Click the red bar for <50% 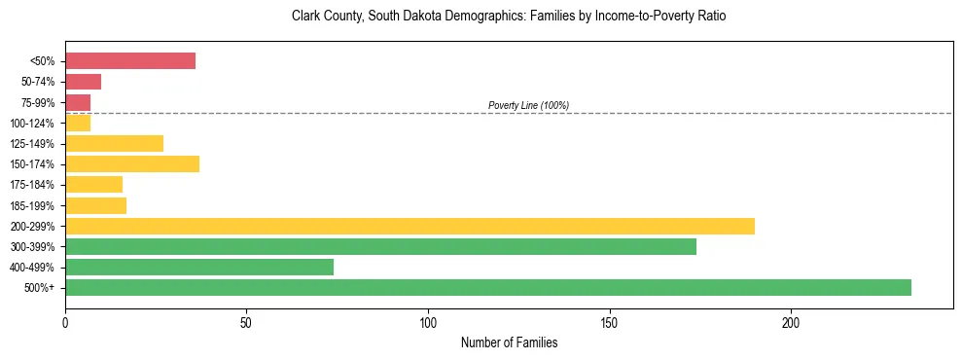pos(130,61)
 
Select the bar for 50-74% pos(83,82)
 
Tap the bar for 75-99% pos(78,102)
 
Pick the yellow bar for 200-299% pos(410,226)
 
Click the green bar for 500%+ pos(488,287)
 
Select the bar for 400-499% pos(199,267)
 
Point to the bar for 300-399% pos(380,246)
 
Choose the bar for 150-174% pos(132,163)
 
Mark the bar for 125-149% pos(114,143)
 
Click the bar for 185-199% pos(95,205)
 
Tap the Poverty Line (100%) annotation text pos(528,105)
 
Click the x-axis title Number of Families pos(509,342)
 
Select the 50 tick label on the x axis pos(246,322)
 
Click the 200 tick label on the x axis pos(791,322)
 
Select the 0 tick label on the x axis pos(65,322)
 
